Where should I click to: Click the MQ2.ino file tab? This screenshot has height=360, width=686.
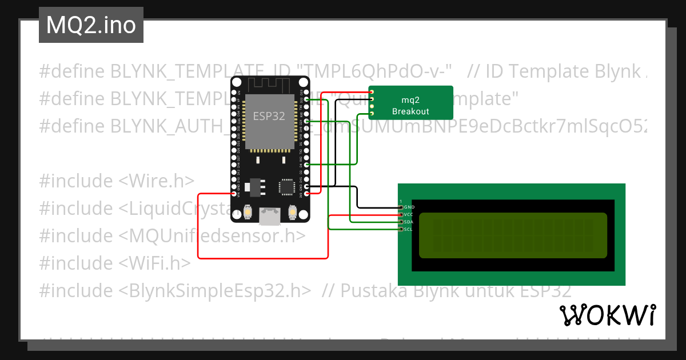tap(91, 26)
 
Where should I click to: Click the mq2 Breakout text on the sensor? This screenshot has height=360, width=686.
tap(410, 105)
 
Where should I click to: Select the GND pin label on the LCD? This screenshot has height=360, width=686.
tap(409, 207)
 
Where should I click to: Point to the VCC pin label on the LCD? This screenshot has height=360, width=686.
tap(409, 214)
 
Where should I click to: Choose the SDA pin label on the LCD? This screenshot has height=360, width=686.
tap(409, 222)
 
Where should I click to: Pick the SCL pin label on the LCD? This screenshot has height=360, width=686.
tap(409, 229)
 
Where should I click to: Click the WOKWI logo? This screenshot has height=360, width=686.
tap(608, 315)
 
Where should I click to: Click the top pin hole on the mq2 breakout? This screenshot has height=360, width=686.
tap(372, 91)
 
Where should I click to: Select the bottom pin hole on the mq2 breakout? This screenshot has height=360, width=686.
tap(372, 114)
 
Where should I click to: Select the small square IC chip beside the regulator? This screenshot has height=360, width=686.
tap(286, 186)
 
